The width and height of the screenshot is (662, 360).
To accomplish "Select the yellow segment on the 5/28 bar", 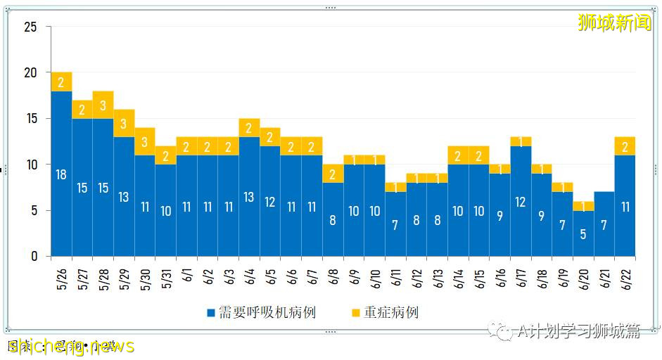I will coord(103,105).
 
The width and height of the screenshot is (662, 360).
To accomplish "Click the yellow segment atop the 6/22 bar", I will coord(625,146).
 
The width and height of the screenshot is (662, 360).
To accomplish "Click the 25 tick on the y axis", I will coord(31,27).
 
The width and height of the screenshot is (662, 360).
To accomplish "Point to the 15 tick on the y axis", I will coord(31,119).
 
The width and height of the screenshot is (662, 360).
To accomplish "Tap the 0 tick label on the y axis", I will coord(34,257).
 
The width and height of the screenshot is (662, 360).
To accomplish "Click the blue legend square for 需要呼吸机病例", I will coord(211,312).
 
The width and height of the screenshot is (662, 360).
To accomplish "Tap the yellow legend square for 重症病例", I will coord(356,312).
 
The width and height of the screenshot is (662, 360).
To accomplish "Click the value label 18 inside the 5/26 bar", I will coord(61,174).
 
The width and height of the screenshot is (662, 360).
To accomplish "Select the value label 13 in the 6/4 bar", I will coord(249,198).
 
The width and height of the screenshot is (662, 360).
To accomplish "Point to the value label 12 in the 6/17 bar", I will coord(521,202).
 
